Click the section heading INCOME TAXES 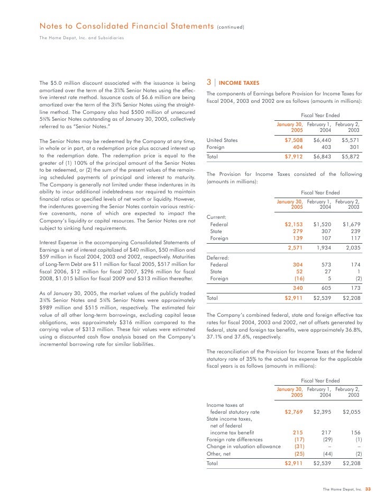[x=239, y=83]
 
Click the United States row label [x=222, y=140]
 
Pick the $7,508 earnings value [x=293, y=140]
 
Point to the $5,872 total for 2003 [x=351, y=158]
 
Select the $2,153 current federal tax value [x=293, y=224]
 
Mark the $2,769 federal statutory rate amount [x=293, y=411]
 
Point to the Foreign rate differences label [x=234, y=439]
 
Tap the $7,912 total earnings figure [x=293, y=158]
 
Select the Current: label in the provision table [x=216, y=217]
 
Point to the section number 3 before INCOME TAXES [x=209, y=83]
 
